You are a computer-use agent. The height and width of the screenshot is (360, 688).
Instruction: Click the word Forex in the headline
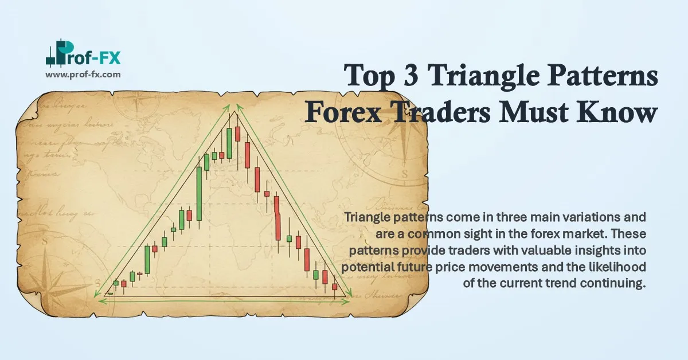click(345, 114)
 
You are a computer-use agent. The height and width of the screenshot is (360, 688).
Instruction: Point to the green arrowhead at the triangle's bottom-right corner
click(348, 296)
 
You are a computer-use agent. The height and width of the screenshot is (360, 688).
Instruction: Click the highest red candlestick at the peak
click(237, 134)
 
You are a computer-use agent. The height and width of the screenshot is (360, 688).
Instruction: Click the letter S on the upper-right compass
click(405, 173)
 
